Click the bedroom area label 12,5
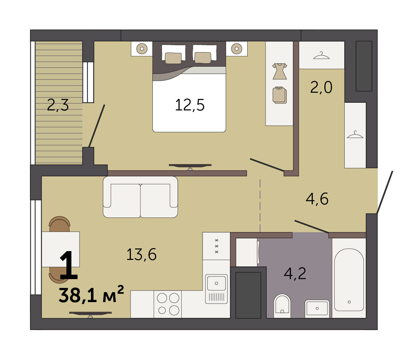pos(190,105)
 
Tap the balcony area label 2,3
pos(58,105)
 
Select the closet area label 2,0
pos(321,87)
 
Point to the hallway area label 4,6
pos(317,199)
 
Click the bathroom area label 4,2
pos(295,273)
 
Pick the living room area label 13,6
pos(141,254)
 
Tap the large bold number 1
pos(68,265)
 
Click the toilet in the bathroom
pos(282,306)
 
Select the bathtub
pos(349,279)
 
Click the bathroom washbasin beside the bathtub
pos(317,308)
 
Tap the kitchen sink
pos(216,289)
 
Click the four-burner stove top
pos(168,304)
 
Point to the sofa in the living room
pos(140,197)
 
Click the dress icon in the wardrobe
pos(280,71)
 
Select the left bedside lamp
pos(142,48)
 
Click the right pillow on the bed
pos(203,58)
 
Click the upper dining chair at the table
pos(59,224)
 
